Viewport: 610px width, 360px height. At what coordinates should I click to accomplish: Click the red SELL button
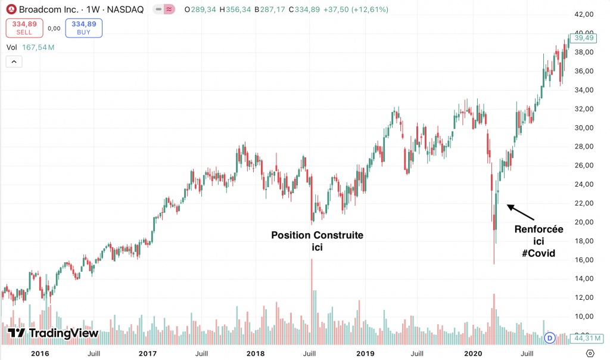tap(24, 27)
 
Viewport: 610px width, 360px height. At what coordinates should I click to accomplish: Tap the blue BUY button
tap(83, 27)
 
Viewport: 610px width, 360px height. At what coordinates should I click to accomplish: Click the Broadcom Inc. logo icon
tap(11, 10)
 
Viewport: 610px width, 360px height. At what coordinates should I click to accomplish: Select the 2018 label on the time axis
tap(255, 353)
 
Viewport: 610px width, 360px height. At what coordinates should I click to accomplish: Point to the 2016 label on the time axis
tap(39, 353)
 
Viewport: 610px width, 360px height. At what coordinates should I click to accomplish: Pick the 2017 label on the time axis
tap(147, 353)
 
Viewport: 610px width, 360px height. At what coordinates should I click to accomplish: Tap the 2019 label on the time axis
tap(365, 353)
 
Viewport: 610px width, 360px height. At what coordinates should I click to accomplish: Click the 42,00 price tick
tap(583, 14)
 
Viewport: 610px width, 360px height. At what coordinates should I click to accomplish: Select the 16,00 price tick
tap(583, 260)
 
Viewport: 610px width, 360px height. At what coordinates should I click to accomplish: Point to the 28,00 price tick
tap(583, 147)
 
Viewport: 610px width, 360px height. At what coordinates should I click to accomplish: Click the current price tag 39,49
tap(584, 38)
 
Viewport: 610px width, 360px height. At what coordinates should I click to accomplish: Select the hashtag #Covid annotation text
tap(539, 253)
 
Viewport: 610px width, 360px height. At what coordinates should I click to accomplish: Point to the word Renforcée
tap(539, 229)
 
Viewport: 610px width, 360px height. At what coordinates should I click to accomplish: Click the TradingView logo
tap(54, 333)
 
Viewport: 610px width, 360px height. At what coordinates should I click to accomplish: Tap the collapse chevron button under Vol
tap(14, 61)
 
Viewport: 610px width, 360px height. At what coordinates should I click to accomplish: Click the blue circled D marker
tap(550, 338)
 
